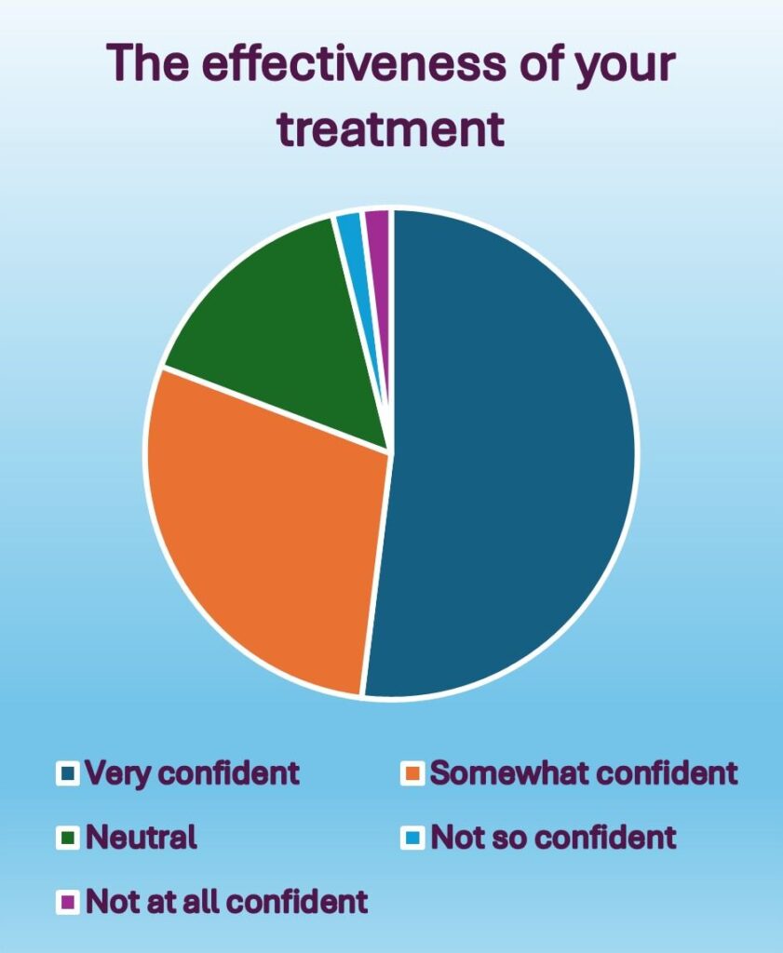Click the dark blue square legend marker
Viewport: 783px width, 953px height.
[x=67, y=773]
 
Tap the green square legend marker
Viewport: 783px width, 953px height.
[x=67, y=838]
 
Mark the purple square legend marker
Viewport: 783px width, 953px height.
[x=67, y=902]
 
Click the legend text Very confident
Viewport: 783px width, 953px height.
[x=193, y=772]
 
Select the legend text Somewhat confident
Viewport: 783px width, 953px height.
[x=584, y=772]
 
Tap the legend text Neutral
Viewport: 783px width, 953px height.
[x=142, y=837]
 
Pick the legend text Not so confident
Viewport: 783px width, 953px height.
[x=553, y=837]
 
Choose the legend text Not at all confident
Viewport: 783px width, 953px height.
[x=227, y=901]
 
